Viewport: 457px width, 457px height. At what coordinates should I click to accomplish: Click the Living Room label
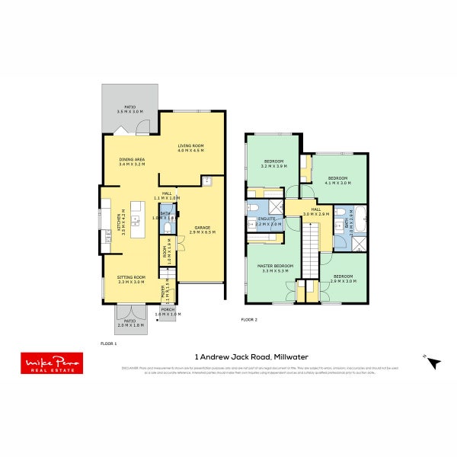coord(192,149)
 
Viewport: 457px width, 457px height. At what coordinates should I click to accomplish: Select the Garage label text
coord(202,229)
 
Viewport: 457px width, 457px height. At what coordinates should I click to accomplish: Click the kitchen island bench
coord(137,220)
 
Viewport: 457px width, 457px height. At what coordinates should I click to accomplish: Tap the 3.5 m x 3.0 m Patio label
coord(129,110)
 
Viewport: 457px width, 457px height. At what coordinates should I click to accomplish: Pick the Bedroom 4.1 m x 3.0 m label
coord(337,181)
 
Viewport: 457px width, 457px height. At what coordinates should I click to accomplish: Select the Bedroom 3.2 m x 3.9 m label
coord(273,164)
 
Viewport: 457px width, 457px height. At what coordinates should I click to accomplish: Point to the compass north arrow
coord(433,363)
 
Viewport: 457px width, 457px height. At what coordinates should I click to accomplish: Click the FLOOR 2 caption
coord(249,320)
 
